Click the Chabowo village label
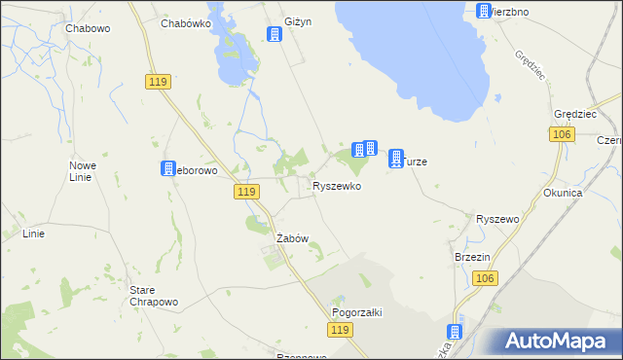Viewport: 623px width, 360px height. [89, 28]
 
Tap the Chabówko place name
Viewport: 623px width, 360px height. [186, 23]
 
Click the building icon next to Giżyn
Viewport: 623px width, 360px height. [275, 35]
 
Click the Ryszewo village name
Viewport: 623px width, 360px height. [496, 220]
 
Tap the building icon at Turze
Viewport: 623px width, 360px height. [396, 158]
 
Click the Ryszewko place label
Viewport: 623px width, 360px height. [337, 185]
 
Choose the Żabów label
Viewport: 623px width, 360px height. [292, 238]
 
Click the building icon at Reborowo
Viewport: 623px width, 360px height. [167, 169]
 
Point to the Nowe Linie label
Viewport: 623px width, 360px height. [82, 171]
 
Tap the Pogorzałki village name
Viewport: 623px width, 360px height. [357, 312]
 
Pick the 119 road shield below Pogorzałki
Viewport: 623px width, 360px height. [339, 332]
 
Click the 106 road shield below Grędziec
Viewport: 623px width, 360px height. [559, 134]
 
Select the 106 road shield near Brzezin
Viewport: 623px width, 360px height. [487, 279]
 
